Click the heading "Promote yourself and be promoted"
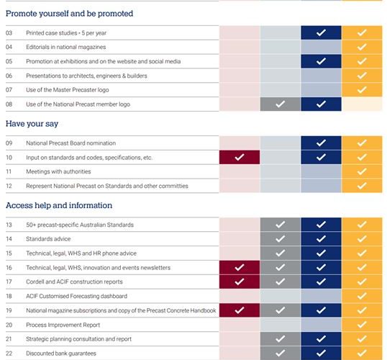69,14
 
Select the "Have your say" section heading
32,124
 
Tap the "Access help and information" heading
59,205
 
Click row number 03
9,33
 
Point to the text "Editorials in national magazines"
66,47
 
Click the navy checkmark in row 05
321,61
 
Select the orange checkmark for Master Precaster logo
362,90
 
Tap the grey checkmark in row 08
281,104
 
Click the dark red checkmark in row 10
240,157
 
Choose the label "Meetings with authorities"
58,171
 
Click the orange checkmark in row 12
362,186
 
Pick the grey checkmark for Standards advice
281,239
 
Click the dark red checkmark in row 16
240,267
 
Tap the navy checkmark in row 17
321,282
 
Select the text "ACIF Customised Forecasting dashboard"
76,296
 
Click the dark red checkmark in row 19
240,310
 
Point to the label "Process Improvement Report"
63,325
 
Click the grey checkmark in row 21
281,339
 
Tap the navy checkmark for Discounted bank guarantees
321,354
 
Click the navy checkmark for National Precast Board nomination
321,143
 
